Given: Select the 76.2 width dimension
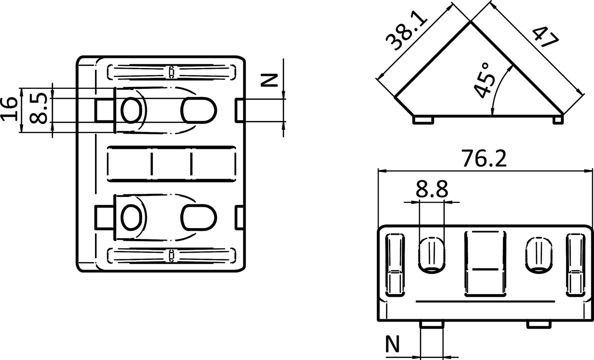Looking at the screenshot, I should [484, 159].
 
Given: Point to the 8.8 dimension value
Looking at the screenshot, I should [431, 189].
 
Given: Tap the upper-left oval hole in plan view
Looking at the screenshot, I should [132, 110].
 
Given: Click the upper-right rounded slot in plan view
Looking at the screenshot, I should [199, 110].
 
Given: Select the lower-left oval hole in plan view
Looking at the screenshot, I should [132, 218].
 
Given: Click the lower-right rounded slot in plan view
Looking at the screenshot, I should [199, 218].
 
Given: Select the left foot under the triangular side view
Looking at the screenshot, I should [423, 120].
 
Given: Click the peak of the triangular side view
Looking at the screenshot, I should [471, 23].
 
